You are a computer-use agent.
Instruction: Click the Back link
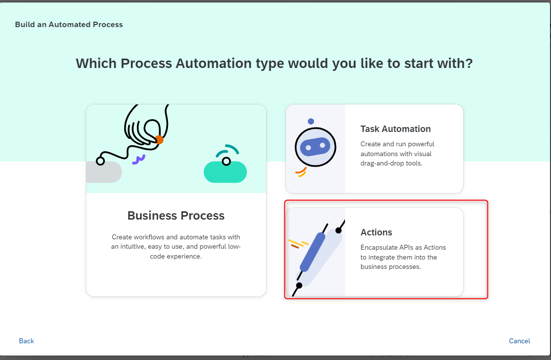pyautogui.click(x=26, y=341)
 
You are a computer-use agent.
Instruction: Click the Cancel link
pyautogui.click(x=519, y=341)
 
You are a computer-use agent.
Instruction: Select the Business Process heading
pyautogui.click(x=176, y=215)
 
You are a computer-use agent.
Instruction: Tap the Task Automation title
pyautogui.click(x=395, y=129)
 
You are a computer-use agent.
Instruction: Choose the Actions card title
pyautogui.click(x=376, y=232)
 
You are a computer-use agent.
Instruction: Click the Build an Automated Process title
pyautogui.click(x=69, y=25)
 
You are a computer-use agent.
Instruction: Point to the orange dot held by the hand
pyautogui.click(x=159, y=140)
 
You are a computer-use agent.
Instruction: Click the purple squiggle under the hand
pyautogui.click(x=138, y=160)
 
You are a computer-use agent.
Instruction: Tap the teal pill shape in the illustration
pyautogui.click(x=225, y=172)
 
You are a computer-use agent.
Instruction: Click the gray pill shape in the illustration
pyautogui.click(x=104, y=172)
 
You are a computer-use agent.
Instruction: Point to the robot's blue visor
pyautogui.click(x=315, y=147)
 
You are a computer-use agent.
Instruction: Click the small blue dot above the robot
pyautogui.click(x=310, y=122)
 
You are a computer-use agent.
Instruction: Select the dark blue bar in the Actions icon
pyautogui.click(x=312, y=252)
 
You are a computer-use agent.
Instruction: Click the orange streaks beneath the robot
pyautogui.click(x=301, y=172)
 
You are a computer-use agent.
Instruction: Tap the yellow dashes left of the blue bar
pyautogui.click(x=298, y=243)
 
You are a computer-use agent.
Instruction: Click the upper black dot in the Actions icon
pyautogui.click(x=339, y=230)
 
